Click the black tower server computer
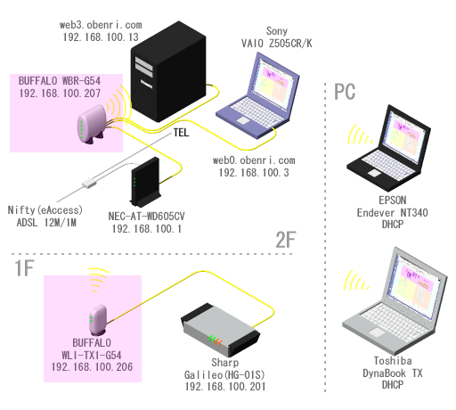coord(168,71)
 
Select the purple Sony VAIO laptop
coord(257,95)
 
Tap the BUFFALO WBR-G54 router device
coord(92,124)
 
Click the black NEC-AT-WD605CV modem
coord(145,182)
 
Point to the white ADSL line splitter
coord(89,183)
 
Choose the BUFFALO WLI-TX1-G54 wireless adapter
coord(98,319)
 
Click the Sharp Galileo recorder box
coord(221,330)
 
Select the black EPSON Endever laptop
coord(389,148)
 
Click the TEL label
coord(181,133)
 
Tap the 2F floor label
coord(286,240)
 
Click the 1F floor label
coord(24,268)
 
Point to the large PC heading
coord(345,92)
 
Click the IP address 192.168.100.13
coord(101,37)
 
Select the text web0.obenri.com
coord(254,160)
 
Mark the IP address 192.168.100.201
coord(225,387)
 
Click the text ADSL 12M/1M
coord(46,223)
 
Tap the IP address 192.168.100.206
coord(92,367)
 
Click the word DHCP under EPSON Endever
coord(393,225)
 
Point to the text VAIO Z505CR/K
coord(277,44)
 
